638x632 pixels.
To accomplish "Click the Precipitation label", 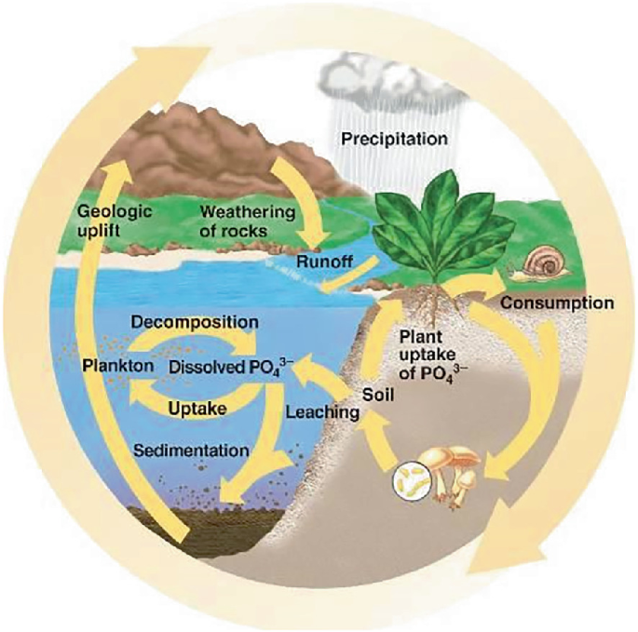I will pyautogui.click(x=395, y=140).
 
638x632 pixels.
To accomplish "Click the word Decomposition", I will pyautogui.click(x=195, y=322).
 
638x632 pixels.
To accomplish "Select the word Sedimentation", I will pyautogui.click(x=192, y=450).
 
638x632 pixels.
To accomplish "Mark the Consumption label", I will pyautogui.click(x=556, y=303).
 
